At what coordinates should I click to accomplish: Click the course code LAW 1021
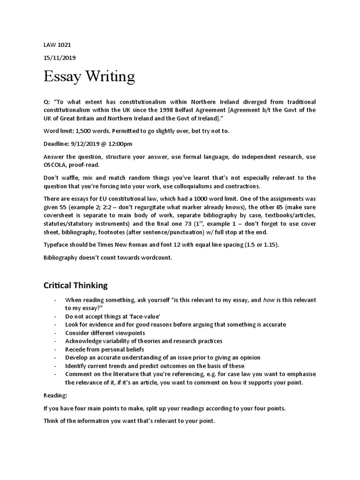coord(57,45)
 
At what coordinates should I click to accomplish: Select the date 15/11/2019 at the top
coord(60,58)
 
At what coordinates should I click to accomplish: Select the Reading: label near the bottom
coord(55,395)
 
